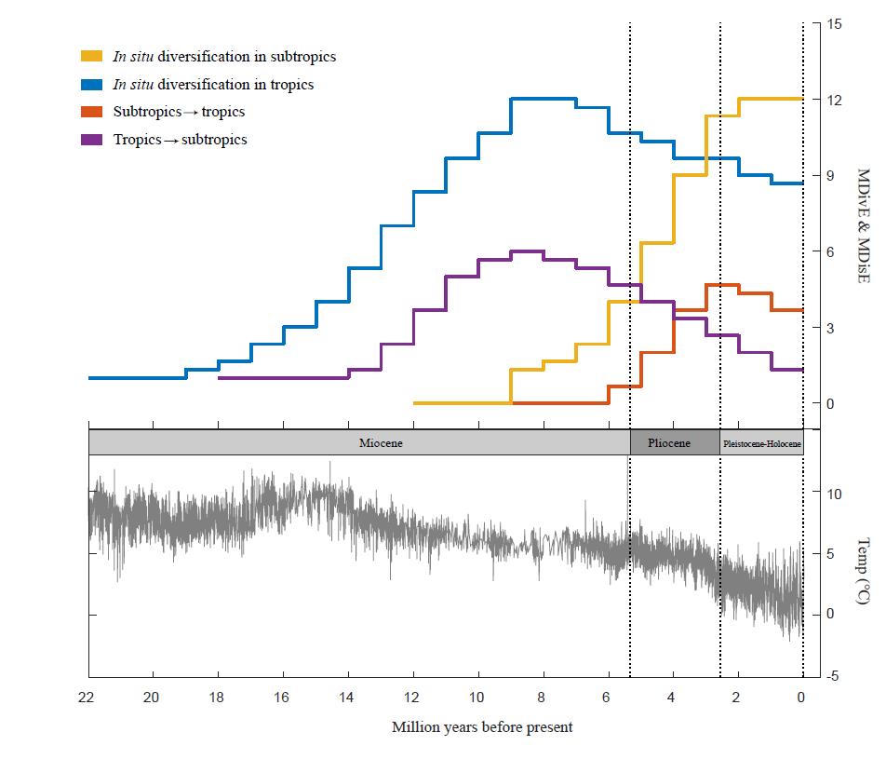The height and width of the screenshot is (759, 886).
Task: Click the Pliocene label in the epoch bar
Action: pos(669,443)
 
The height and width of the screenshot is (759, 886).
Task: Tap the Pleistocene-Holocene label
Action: pos(761,443)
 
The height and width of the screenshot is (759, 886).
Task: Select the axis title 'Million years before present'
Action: pos(482,727)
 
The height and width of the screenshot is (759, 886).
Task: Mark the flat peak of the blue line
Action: pos(544,98)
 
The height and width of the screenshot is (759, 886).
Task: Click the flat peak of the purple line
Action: pos(527,251)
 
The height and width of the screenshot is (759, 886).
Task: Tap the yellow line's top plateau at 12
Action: pos(771,99)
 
